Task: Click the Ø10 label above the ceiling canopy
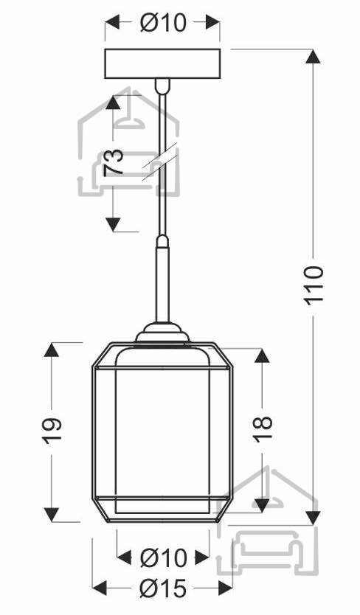point(162,23)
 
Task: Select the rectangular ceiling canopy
point(162,63)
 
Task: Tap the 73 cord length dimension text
point(114,162)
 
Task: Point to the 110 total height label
point(314,284)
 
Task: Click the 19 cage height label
point(52,431)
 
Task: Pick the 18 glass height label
point(262,428)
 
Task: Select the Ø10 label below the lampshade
point(163,557)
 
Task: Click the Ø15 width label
point(162,588)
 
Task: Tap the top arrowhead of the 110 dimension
point(313,57)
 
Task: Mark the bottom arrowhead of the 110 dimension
point(313,518)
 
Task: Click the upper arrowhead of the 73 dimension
point(113,102)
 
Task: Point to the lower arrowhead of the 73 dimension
point(113,224)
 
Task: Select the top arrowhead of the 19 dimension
point(52,350)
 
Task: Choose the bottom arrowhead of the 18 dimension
point(262,505)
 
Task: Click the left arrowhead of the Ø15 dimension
point(100,588)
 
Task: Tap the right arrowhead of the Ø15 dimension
point(226,588)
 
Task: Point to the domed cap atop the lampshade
point(162,333)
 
